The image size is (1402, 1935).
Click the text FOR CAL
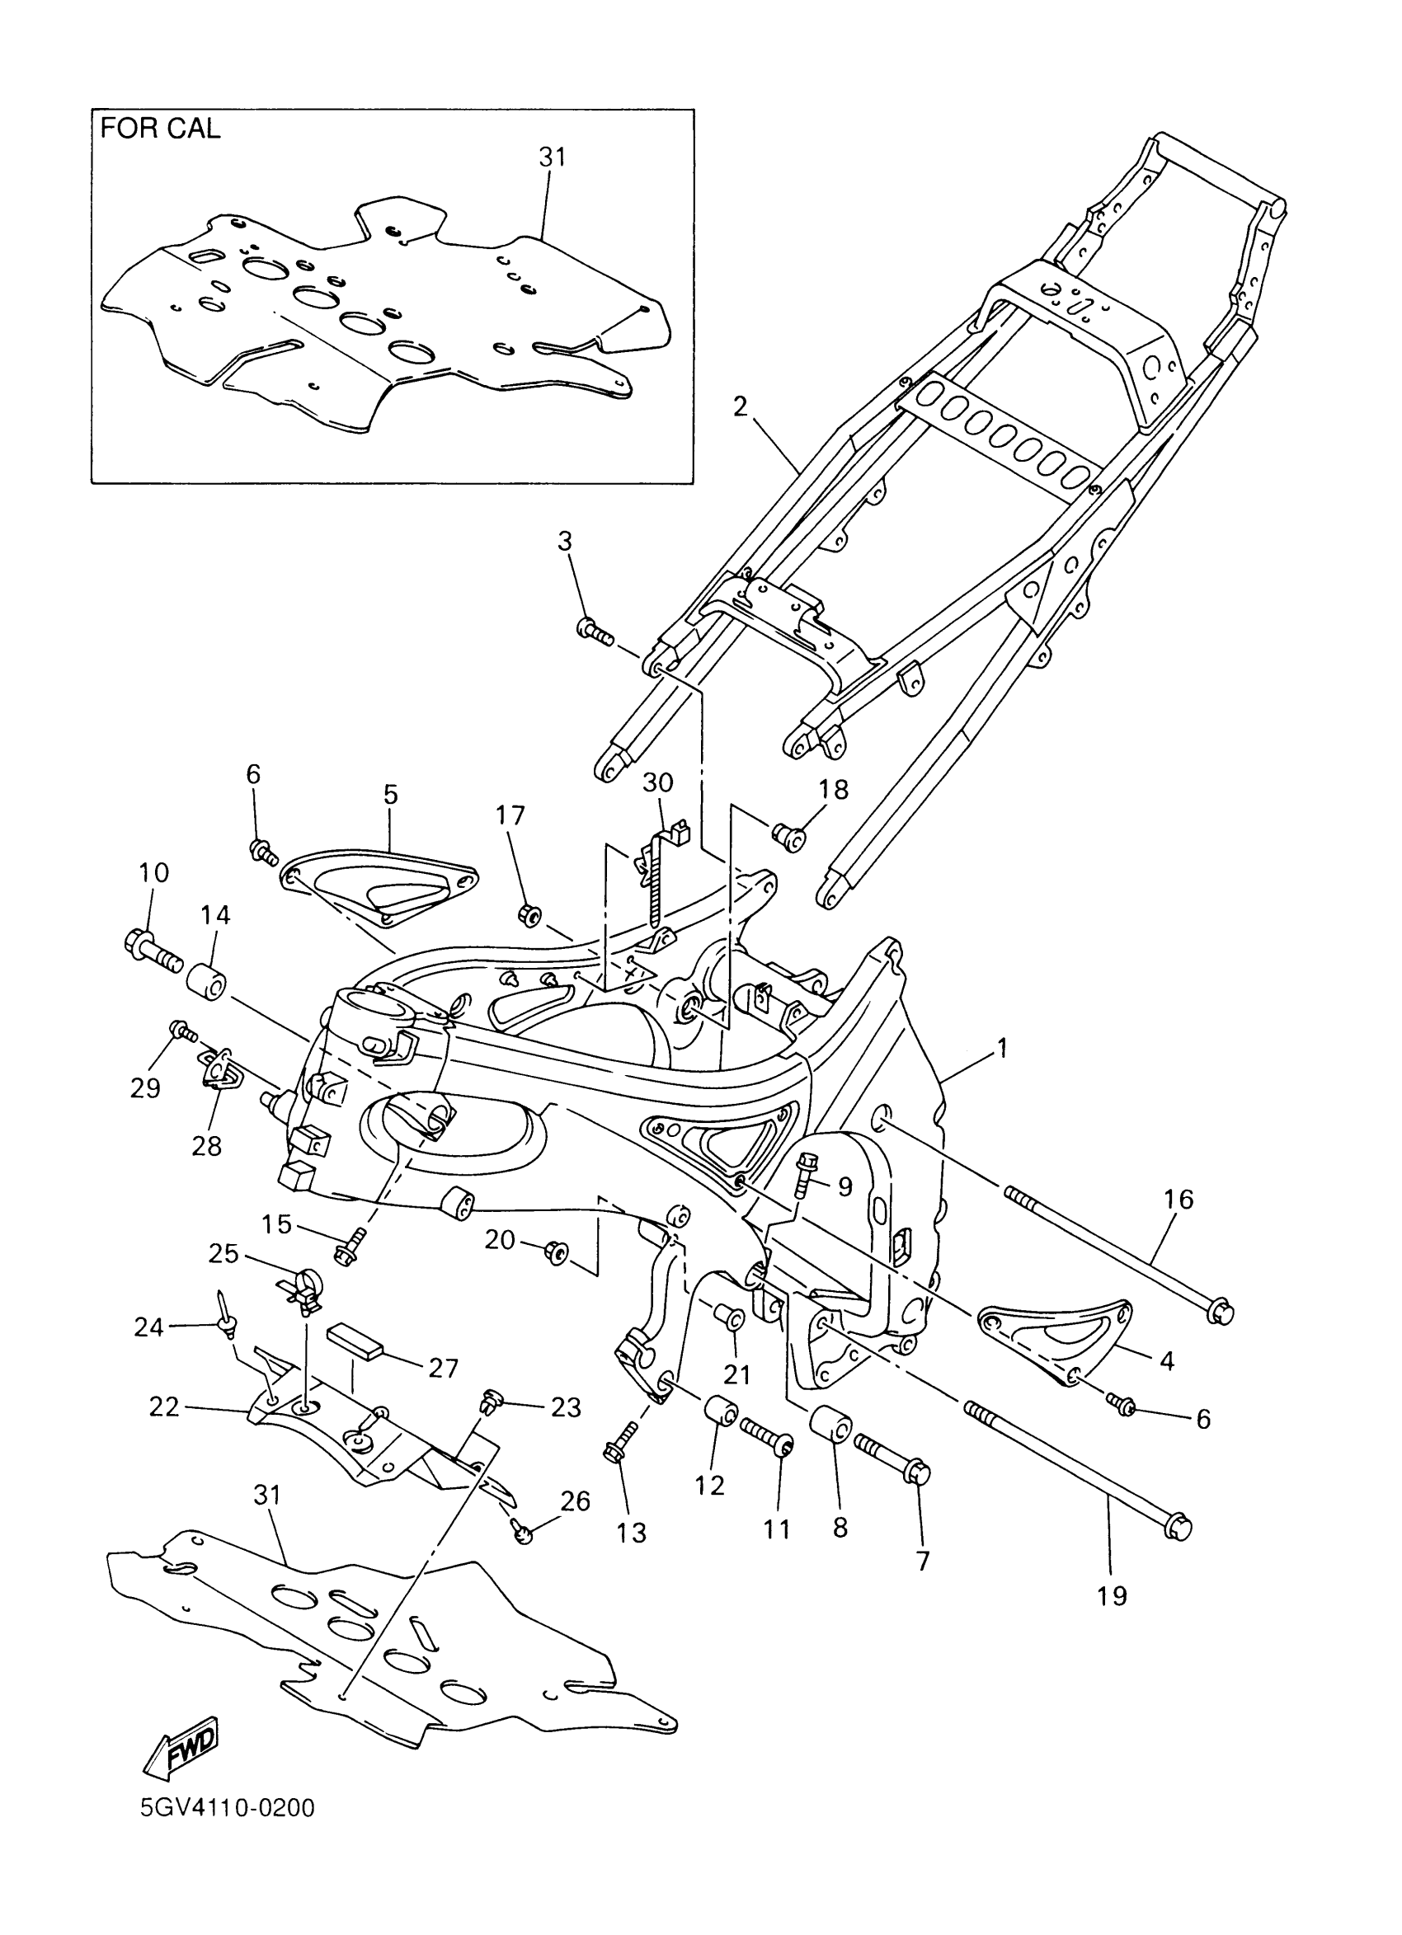161,129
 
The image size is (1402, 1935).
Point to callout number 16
1179,1200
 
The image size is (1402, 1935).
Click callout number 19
1112,1596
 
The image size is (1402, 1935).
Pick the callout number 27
443,1368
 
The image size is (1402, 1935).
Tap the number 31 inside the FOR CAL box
552,157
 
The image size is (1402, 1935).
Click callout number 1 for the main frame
1003,1048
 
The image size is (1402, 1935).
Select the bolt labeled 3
595,632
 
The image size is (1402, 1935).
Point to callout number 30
658,782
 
